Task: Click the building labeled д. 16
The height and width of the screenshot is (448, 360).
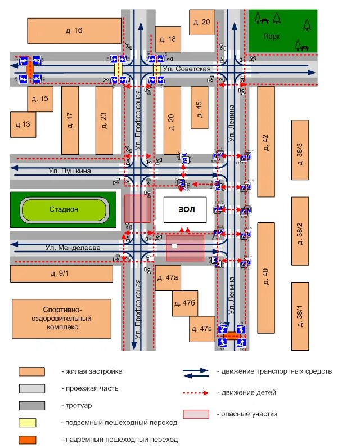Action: [x=74, y=30]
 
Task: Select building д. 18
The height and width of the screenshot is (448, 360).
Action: [x=168, y=39]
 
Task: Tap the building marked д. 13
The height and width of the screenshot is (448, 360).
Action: [x=23, y=124]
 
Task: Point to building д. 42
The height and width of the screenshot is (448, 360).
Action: [x=266, y=141]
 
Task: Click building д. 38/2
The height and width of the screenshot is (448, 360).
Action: [x=300, y=230]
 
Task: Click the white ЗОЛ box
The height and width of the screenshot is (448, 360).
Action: [x=186, y=209]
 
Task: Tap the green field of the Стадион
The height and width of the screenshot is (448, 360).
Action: [x=63, y=210]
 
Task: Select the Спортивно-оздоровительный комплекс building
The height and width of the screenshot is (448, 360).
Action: [x=66, y=318]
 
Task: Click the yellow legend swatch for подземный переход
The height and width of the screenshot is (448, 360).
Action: [x=31, y=422]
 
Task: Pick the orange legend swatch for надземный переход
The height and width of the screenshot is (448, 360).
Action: [x=31, y=440]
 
